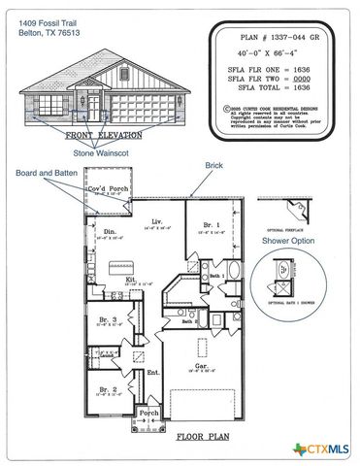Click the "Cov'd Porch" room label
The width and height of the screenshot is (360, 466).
105,190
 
